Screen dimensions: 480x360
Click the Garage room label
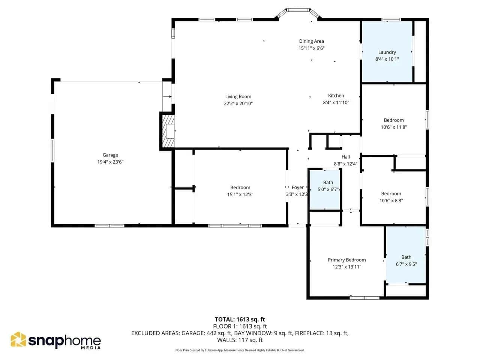point(110,155)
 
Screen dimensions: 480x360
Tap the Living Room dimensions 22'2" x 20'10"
point(238,103)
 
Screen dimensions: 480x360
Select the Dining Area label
point(311,41)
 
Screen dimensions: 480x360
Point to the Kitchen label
point(336,96)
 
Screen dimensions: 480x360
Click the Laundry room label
point(387,52)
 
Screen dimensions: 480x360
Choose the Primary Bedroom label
point(346,259)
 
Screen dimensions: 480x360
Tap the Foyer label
point(298,187)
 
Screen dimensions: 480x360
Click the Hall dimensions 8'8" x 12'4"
point(345,164)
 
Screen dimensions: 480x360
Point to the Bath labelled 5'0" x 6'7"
point(328,182)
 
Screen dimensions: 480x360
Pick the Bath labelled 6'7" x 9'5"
point(406,257)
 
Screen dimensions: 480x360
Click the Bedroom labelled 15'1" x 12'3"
point(240,187)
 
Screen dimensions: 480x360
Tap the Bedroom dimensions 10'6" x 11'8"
point(394,127)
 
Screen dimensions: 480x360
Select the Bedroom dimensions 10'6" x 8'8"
point(391,200)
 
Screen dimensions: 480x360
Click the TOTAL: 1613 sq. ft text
point(240,319)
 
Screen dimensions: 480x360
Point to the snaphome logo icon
point(18,339)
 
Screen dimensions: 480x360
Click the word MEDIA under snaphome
point(91,348)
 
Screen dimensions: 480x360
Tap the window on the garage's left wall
point(52,150)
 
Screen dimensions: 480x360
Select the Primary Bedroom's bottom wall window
point(364,298)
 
